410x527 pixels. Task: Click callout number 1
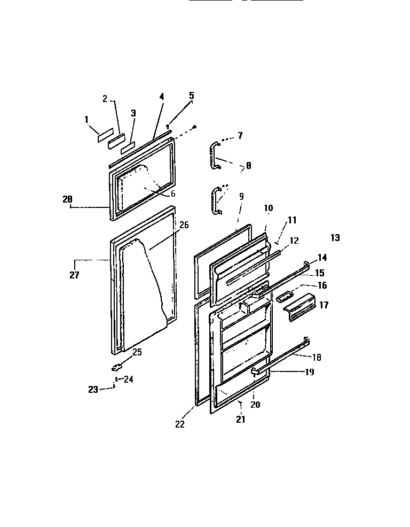(x=86, y=120)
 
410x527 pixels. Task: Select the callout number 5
(x=191, y=96)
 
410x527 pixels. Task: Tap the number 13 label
(x=335, y=238)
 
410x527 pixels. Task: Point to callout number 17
(x=324, y=305)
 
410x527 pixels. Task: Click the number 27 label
(x=74, y=275)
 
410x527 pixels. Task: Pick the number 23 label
(x=93, y=390)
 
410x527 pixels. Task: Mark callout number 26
(x=184, y=225)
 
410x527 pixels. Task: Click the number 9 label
(x=241, y=197)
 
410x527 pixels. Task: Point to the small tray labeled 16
(x=285, y=296)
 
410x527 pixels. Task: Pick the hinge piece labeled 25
(x=117, y=367)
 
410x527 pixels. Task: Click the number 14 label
(x=322, y=257)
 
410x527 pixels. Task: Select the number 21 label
(x=241, y=420)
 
